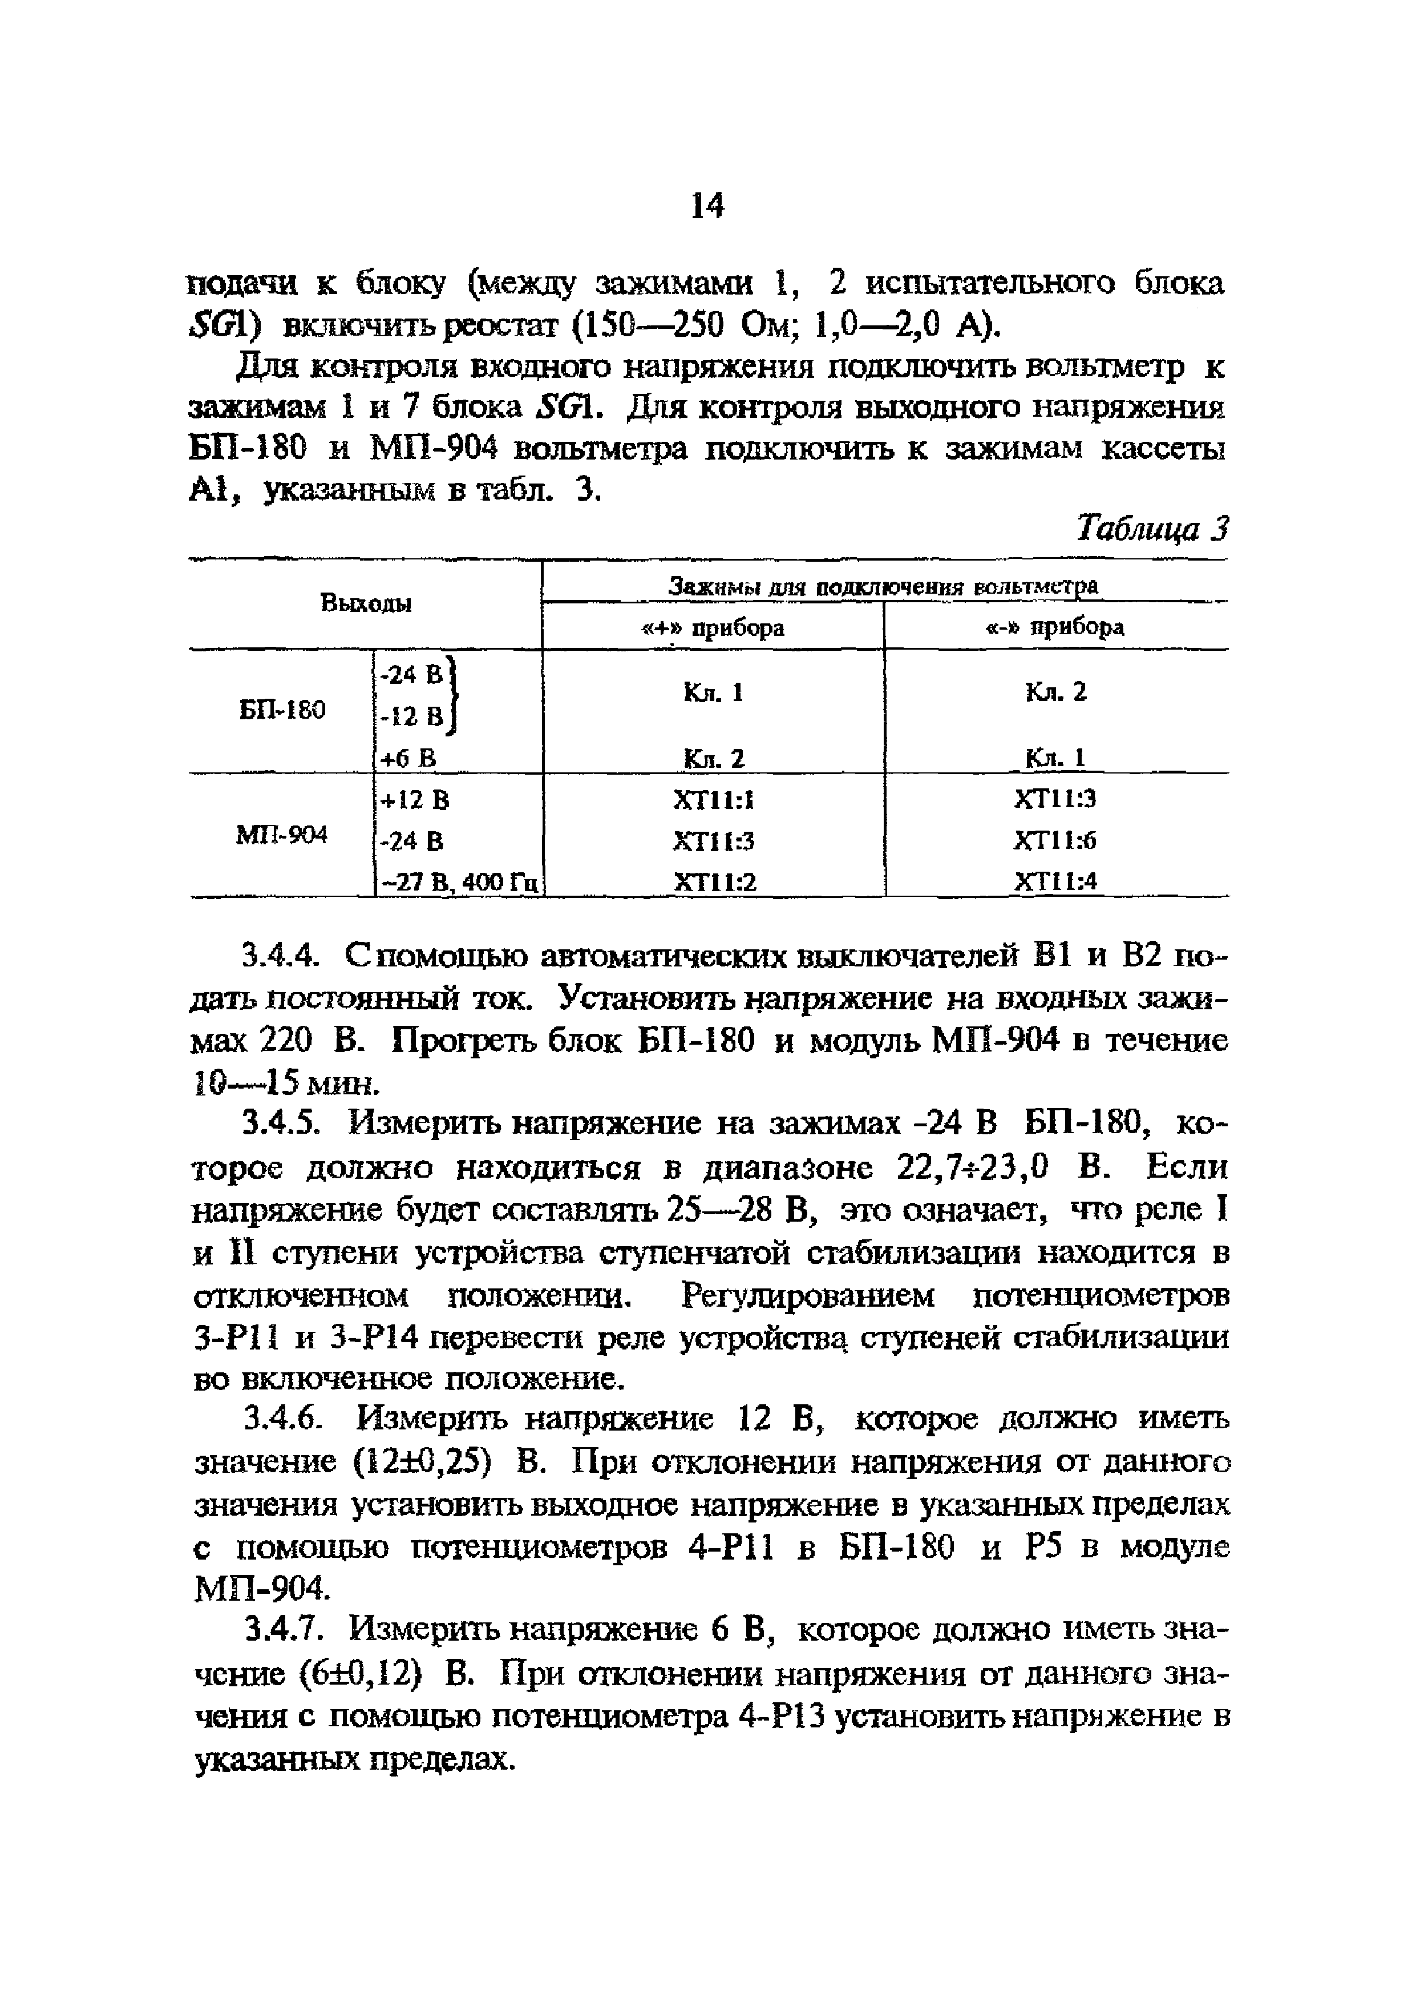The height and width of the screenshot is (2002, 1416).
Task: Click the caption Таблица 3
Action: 1152,528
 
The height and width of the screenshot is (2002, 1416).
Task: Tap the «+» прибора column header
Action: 713,628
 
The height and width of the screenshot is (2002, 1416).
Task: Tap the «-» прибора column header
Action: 1056,628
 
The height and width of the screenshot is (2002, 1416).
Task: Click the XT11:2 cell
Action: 714,883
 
